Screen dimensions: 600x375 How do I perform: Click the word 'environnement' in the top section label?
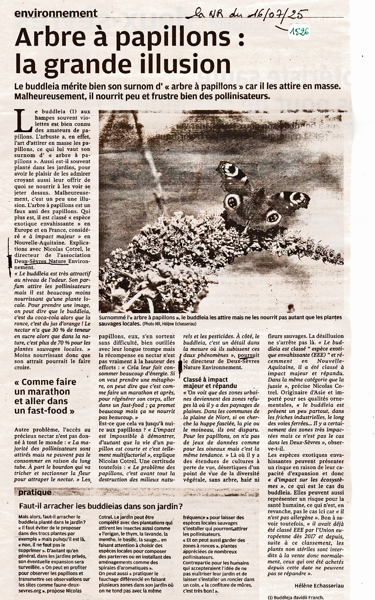tap(56, 13)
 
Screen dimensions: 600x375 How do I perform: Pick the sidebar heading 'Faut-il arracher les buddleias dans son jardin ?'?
tap(101, 506)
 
